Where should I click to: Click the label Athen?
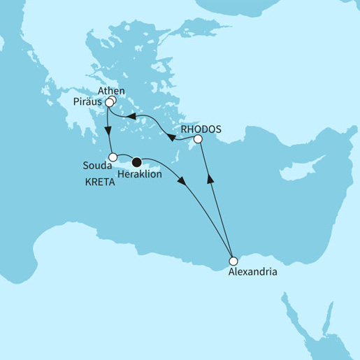coord(112,91)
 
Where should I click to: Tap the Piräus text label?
coord(87,101)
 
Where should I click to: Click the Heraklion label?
coord(141,174)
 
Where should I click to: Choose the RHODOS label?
coord(201,129)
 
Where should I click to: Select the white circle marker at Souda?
coord(113,157)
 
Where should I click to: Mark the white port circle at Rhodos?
coord(198,141)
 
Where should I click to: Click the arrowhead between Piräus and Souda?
coord(107,130)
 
